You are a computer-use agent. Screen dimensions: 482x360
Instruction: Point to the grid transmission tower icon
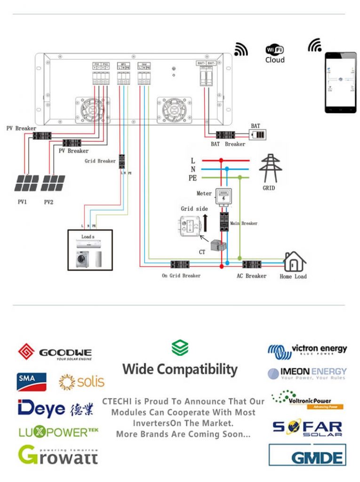[x=271, y=168]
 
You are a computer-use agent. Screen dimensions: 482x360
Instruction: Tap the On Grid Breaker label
[x=181, y=275]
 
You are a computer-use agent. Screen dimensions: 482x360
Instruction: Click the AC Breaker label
[x=251, y=275]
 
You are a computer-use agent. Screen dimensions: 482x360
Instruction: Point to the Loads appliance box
[x=90, y=249]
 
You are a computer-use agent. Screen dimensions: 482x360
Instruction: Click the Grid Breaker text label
[x=100, y=161]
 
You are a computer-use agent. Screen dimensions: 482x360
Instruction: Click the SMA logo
[x=32, y=382]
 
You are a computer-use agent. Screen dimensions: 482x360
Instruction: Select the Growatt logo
[x=58, y=454]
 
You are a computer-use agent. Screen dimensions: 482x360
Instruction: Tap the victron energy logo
[x=307, y=350]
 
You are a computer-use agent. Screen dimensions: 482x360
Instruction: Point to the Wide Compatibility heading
[x=180, y=369]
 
